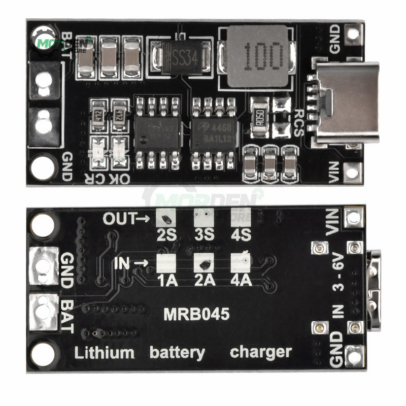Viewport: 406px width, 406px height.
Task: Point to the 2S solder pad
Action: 165,218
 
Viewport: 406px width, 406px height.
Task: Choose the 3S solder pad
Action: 203,218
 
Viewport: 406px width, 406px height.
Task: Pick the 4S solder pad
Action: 240,217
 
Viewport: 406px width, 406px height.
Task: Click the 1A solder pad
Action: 165,262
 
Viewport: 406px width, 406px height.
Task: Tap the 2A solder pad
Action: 203,262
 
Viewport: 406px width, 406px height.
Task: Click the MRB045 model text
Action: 196,314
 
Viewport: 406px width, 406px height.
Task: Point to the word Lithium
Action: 105,353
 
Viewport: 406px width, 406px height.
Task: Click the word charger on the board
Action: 261,352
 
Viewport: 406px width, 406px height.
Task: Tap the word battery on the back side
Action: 178,353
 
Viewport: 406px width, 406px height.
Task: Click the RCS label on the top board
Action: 299,121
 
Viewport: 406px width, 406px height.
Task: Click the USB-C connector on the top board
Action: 346,102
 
